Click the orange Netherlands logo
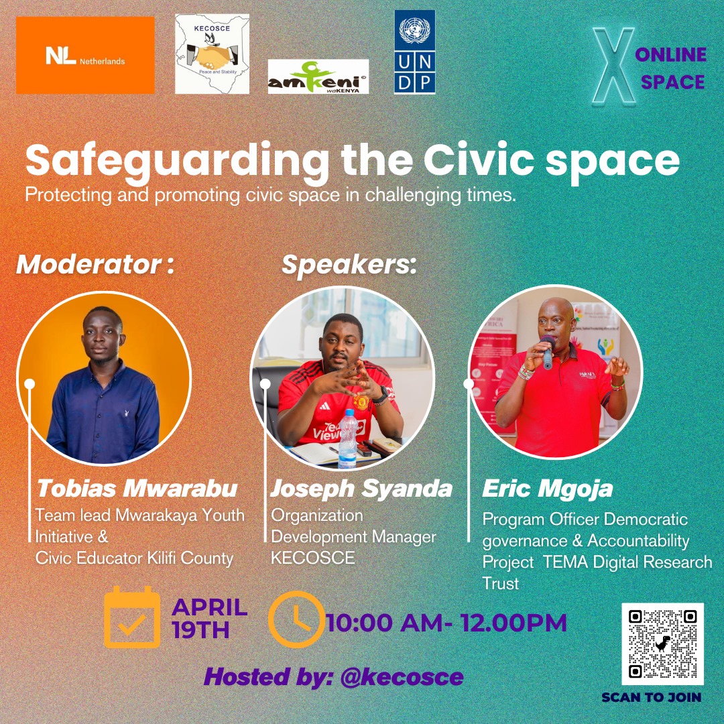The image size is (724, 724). point(85,55)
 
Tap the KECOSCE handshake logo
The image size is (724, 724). point(212,54)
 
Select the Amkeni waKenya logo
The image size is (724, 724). point(318,76)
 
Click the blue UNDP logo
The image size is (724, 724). point(414,52)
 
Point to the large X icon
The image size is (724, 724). point(614,66)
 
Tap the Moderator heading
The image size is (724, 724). point(95,265)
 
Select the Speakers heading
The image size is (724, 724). point(349,265)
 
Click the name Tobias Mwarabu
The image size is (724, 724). point(137,488)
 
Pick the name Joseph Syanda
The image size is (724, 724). point(361,489)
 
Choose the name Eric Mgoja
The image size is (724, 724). point(547,489)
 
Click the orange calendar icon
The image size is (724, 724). point(132,617)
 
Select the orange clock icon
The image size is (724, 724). point(295,619)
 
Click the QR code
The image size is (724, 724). point(662,643)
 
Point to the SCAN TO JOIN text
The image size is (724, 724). point(651,697)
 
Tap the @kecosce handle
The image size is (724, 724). point(402,676)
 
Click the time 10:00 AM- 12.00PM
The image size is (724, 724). point(446,623)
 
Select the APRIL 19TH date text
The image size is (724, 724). point(210,619)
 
